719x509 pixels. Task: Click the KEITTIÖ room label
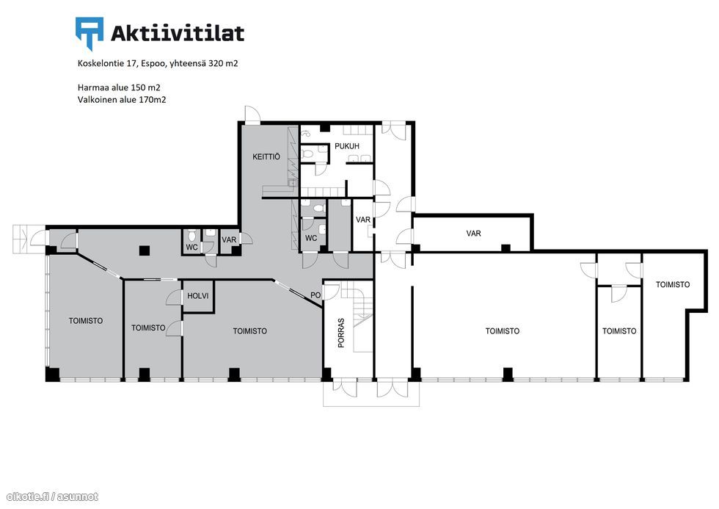click(266, 157)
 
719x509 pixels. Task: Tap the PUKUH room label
click(346, 146)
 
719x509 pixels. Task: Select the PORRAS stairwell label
click(341, 333)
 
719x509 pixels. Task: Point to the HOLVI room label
click(197, 296)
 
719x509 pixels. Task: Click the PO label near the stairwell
click(315, 295)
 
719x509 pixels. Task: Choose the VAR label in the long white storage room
click(473, 234)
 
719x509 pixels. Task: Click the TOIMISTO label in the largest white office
click(502, 331)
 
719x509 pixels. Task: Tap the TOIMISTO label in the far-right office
click(672, 284)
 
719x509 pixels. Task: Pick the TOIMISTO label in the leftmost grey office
click(86, 321)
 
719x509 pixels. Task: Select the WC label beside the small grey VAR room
click(191, 248)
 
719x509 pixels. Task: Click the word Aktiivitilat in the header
click(178, 34)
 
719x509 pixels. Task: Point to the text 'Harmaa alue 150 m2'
click(119, 87)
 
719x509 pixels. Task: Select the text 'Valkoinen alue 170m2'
click(122, 100)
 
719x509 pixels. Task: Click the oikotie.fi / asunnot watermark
click(52, 497)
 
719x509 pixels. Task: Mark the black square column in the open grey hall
click(145, 250)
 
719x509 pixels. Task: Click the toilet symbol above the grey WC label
click(192, 237)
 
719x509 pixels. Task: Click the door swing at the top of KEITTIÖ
click(252, 115)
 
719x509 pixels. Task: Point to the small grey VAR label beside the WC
click(229, 239)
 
